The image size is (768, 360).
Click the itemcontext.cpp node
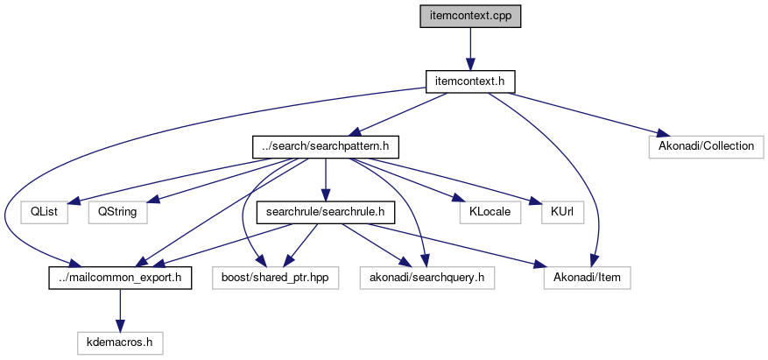tap(469, 17)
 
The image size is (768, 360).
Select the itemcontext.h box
tap(469, 81)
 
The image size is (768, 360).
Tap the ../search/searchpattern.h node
tap(326, 145)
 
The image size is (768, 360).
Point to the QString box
tap(117, 211)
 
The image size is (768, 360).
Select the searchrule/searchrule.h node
tap(326, 211)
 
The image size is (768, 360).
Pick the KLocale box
tap(490, 211)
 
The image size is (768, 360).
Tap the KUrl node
tap(561, 211)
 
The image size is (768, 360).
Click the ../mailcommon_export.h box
tap(119, 278)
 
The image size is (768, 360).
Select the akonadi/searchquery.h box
tap(427, 278)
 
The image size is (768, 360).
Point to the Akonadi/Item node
tap(586, 278)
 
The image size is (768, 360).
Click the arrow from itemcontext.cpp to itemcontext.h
tap(469, 49)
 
